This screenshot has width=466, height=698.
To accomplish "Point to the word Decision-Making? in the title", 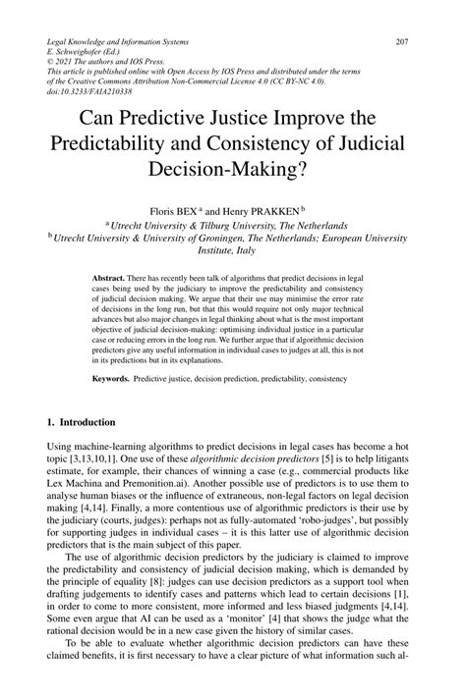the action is click(233, 168).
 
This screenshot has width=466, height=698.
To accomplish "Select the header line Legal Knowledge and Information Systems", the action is click(125, 41).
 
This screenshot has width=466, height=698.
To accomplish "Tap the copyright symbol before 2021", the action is click(51, 67).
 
